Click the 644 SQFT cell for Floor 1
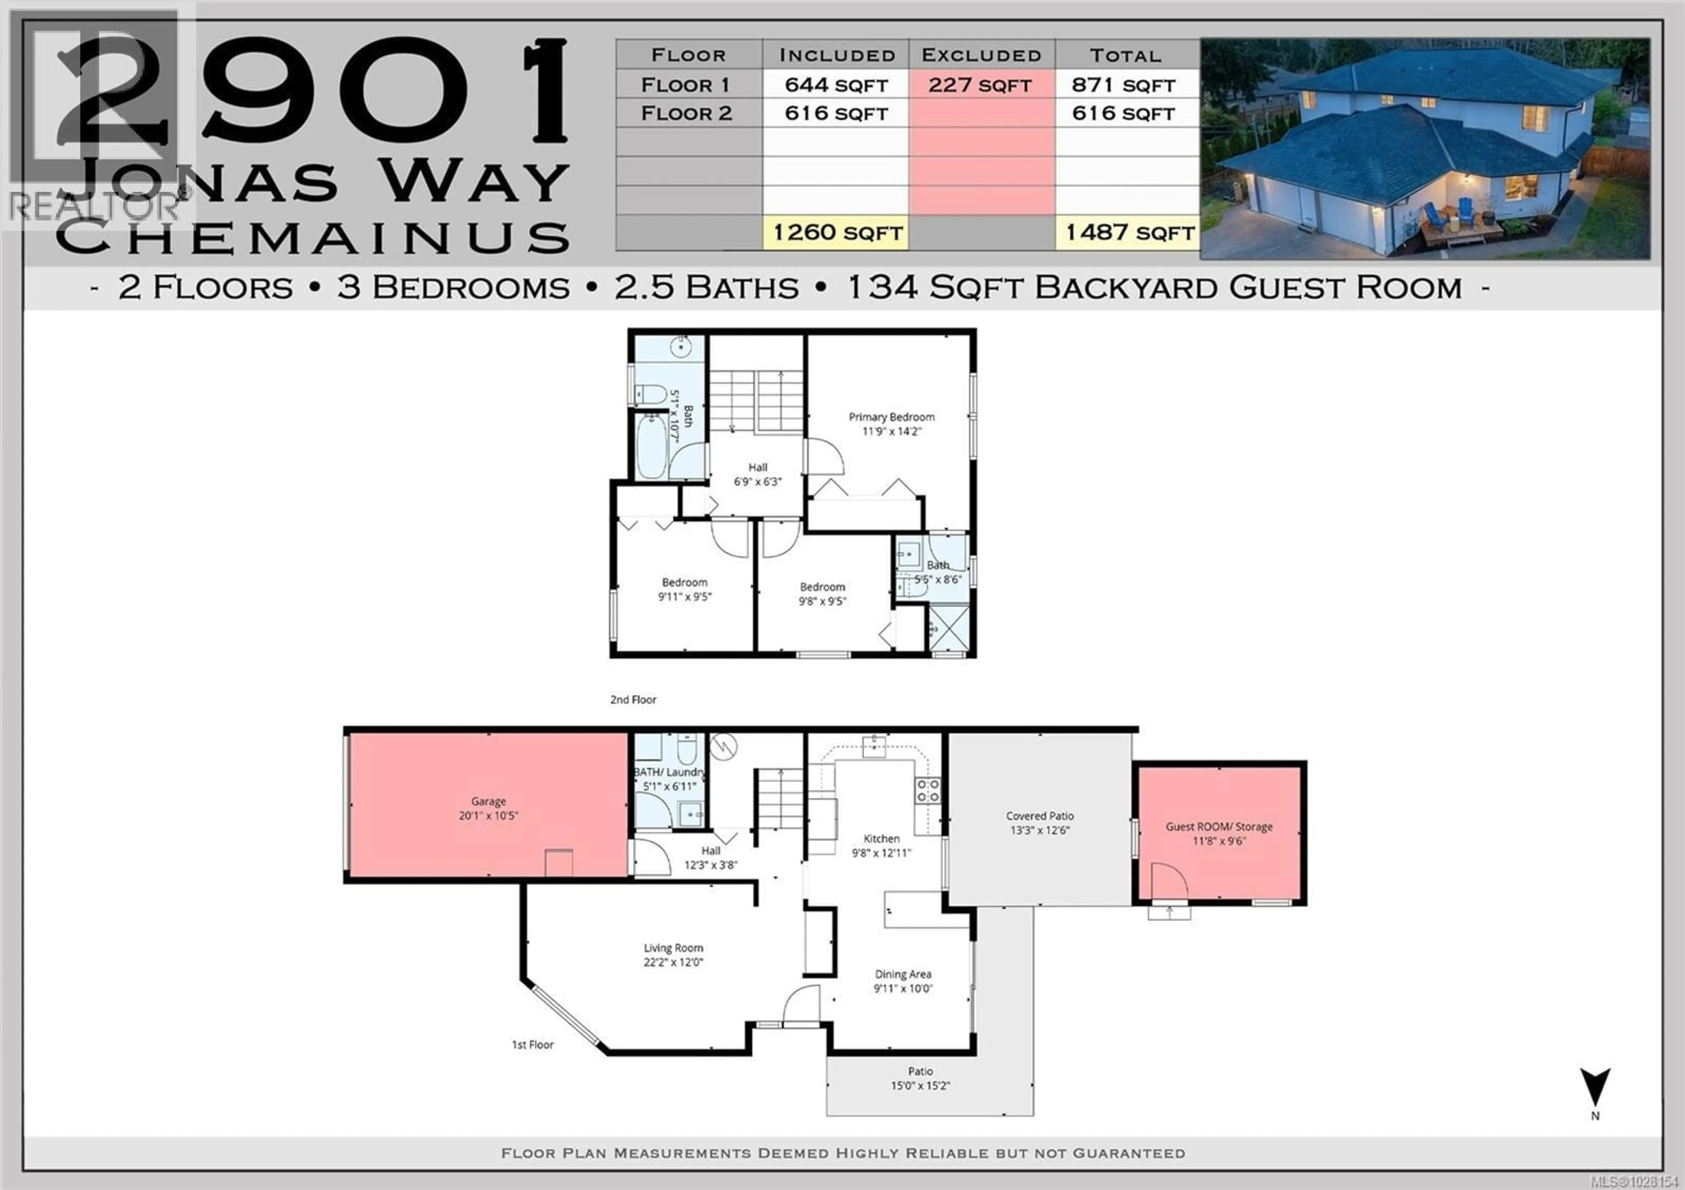[x=836, y=85]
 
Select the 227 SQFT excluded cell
[x=980, y=85]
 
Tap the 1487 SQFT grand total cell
[x=1129, y=233]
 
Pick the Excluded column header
[x=981, y=55]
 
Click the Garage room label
[x=488, y=801]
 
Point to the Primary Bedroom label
[x=892, y=417]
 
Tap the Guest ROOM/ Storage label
[x=1219, y=827]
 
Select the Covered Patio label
[x=1039, y=816]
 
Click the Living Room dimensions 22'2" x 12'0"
[x=673, y=962]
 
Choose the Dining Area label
[x=903, y=974]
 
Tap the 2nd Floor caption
[x=633, y=700]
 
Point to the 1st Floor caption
[x=532, y=1045]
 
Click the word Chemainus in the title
[x=313, y=237]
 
